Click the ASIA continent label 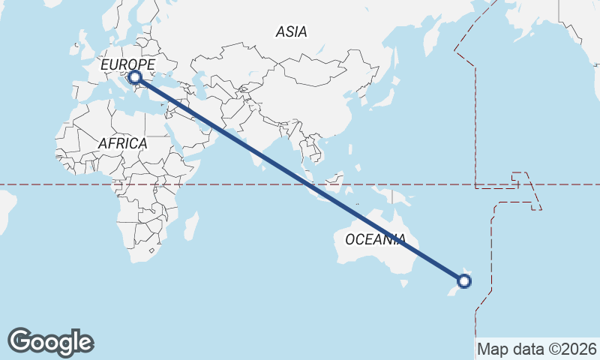click(291, 31)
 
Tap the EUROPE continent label click(127, 65)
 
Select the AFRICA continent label click(122, 142)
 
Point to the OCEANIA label click(375, 239)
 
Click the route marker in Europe click(135, 77)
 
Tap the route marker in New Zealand click(464, 281)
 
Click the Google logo click(50, 341)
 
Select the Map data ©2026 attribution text click(536, 349)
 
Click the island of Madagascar click(192, 225)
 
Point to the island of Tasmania click(404, 283)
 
